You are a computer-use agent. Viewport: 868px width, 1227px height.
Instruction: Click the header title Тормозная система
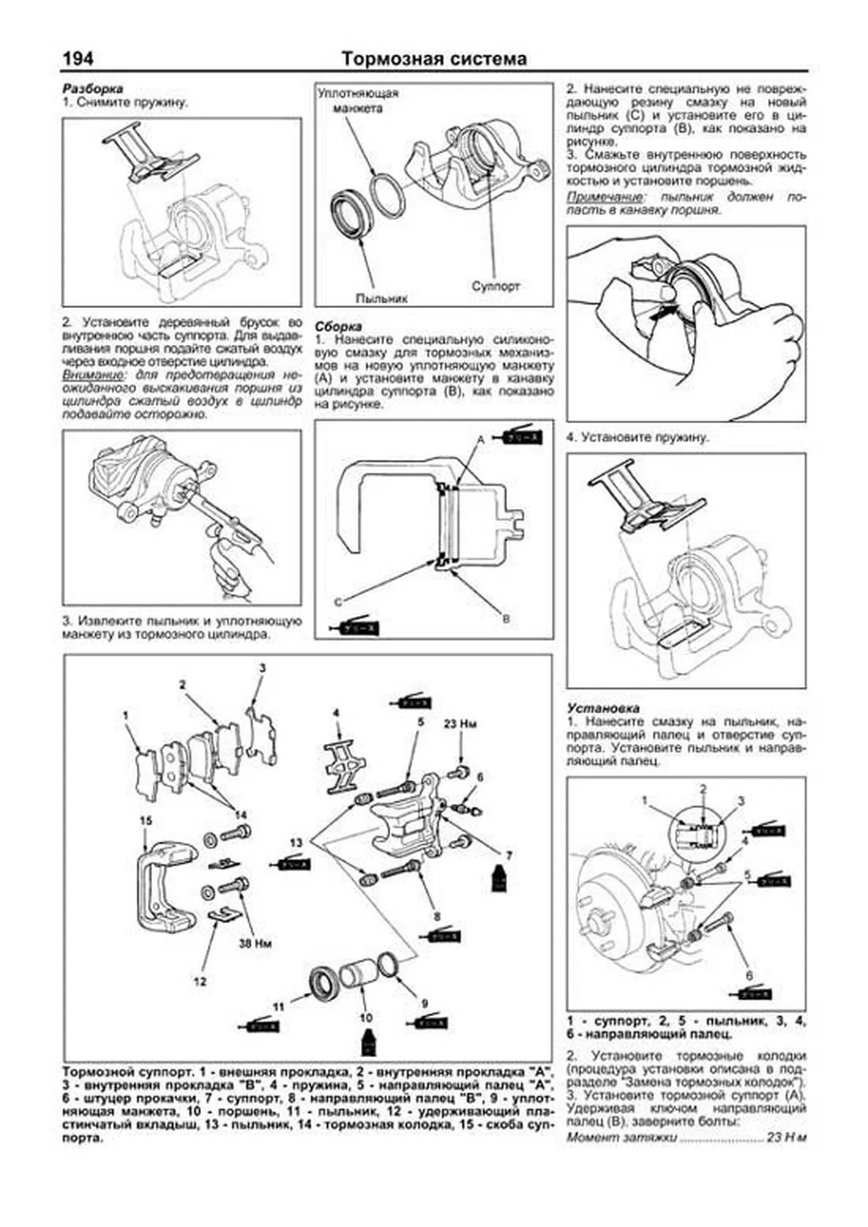pyautogui.click(x=434, y=59)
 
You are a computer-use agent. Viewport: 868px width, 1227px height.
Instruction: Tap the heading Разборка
pyautogui.click(x=93, y=88)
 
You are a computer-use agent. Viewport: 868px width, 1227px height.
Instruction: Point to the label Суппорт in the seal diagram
pyautogui.click(x=495, y=286)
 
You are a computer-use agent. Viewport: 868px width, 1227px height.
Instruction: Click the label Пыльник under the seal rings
pyautogui.click(x=381, y=298)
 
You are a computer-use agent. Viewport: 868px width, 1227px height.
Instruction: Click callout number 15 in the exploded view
pyautogui.click(x=146, y=820)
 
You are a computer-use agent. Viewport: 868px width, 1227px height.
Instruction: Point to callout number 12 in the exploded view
pyautogui.click(x=200, y=981)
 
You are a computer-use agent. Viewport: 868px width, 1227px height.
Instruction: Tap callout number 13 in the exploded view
pyautogui.click(x=297, y=843)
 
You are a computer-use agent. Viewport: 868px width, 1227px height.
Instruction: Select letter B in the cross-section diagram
pyautogui.click(x=506, y=619)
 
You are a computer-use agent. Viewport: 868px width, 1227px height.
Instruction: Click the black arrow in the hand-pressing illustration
pyautogui.click(x=663, y=315)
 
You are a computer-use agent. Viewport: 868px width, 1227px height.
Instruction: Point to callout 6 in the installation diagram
pyautogui.click(x=749, y=975)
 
